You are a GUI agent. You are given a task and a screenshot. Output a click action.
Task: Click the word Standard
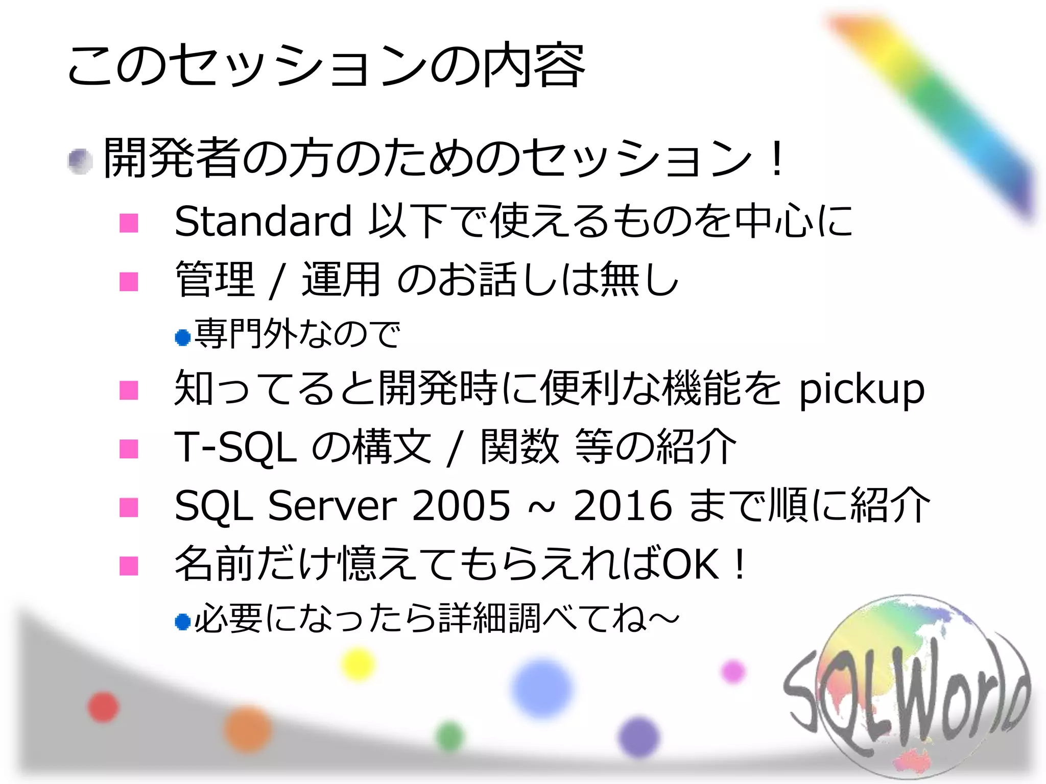click(263, 222)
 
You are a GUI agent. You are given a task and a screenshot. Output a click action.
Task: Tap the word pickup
click(862, 390)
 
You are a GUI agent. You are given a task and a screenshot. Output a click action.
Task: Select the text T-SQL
click(235, 448)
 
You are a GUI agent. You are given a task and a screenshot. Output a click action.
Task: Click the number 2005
click(461, 506)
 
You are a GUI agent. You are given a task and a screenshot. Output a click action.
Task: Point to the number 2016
click(623, 506)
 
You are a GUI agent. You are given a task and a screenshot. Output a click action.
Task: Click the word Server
click(332, 506)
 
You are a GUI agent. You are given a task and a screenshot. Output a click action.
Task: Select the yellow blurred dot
click(358, 664)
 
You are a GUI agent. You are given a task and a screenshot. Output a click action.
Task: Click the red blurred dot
click(103, 707)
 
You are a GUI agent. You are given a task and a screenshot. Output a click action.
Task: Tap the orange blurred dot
click(248, 730)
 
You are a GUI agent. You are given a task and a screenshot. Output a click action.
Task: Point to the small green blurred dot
click(450, 737)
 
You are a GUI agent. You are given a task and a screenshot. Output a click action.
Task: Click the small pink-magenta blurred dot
click(733, 671)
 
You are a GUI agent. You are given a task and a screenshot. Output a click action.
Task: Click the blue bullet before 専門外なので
click(182, 337)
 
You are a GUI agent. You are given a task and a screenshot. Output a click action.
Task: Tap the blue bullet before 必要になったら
click(182, 622)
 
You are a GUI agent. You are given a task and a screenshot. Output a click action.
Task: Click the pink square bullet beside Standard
click(129, 223)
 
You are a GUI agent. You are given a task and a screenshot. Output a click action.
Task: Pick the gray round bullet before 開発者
click(80, 161)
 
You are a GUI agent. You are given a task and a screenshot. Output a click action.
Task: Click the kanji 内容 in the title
click(534, 66)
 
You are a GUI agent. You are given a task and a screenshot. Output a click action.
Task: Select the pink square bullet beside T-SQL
click(129, 449)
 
